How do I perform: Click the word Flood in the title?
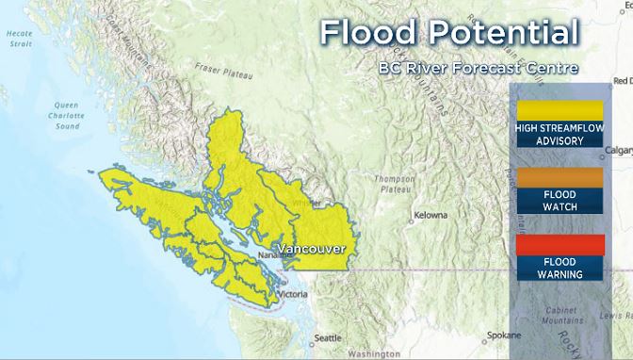pyautogui.click(x=365, y=34)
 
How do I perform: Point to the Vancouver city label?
pyautogui.click(x=312, y=249)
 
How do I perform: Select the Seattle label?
pyautogui.click(x=328, y=337)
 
